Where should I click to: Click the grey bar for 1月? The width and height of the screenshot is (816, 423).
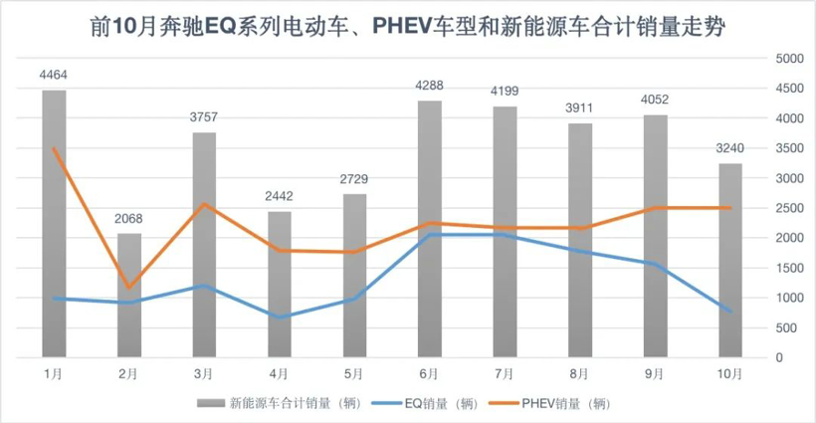tap(54, 224)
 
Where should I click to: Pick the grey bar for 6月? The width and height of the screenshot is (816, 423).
tap(429, 229)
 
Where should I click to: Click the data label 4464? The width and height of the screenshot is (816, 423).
tap(54, 76)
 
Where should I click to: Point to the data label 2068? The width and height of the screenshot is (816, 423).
tap(129, 219)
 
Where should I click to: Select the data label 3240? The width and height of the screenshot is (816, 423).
tap(729, 149)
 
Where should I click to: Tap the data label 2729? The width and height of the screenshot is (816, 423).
tap(354, 179)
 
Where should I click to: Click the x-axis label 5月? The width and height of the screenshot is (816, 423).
tap(354, 374)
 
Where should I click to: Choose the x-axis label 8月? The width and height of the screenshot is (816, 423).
tap(579, 374)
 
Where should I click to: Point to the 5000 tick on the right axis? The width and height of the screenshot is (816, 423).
tap(788, 59)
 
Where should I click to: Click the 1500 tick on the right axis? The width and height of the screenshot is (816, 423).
tap(788, 268)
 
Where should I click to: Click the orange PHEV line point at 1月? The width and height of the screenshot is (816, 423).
tap(54, 149)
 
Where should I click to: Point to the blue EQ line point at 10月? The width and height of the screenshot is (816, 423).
tap(729, 312)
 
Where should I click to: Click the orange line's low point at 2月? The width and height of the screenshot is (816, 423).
tap(129, 288)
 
